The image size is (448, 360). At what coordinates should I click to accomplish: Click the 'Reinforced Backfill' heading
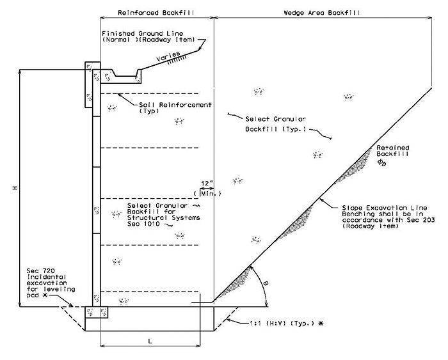tap(156, 13)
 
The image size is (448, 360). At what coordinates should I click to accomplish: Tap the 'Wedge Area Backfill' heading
tap(322, 13)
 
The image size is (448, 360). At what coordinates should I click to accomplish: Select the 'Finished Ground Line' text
tap(143, 33)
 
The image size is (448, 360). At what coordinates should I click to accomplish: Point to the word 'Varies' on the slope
tap(168, 56)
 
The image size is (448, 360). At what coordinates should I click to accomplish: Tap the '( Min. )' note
tap(207, 194)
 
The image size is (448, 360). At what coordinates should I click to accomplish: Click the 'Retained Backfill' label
tap(392, 151)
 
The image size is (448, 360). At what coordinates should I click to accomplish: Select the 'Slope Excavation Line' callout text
tap(385, 208)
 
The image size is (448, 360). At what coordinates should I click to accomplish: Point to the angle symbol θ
tap(266, 283)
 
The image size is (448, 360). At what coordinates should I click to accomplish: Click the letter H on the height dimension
tap(15, 188)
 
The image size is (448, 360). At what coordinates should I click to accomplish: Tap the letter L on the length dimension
tap(150, 341)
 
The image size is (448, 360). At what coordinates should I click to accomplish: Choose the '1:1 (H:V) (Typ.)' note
tap(283, 324)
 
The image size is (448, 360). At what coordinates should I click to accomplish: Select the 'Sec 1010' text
tap(143, 224)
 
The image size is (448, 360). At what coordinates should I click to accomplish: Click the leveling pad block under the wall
tap(96, 312)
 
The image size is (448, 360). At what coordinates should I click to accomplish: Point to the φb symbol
tap(381, 162)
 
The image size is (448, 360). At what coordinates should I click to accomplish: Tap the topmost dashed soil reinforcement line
tap(150, 93)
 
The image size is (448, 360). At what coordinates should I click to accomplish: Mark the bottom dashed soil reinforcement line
tap(150, 292)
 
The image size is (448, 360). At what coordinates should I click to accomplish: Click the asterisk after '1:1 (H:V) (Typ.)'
tap(321, 324)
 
